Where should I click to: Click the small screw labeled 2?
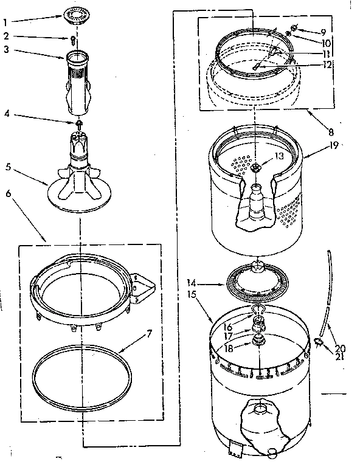(73, 40)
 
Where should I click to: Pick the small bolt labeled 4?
(79, 122)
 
